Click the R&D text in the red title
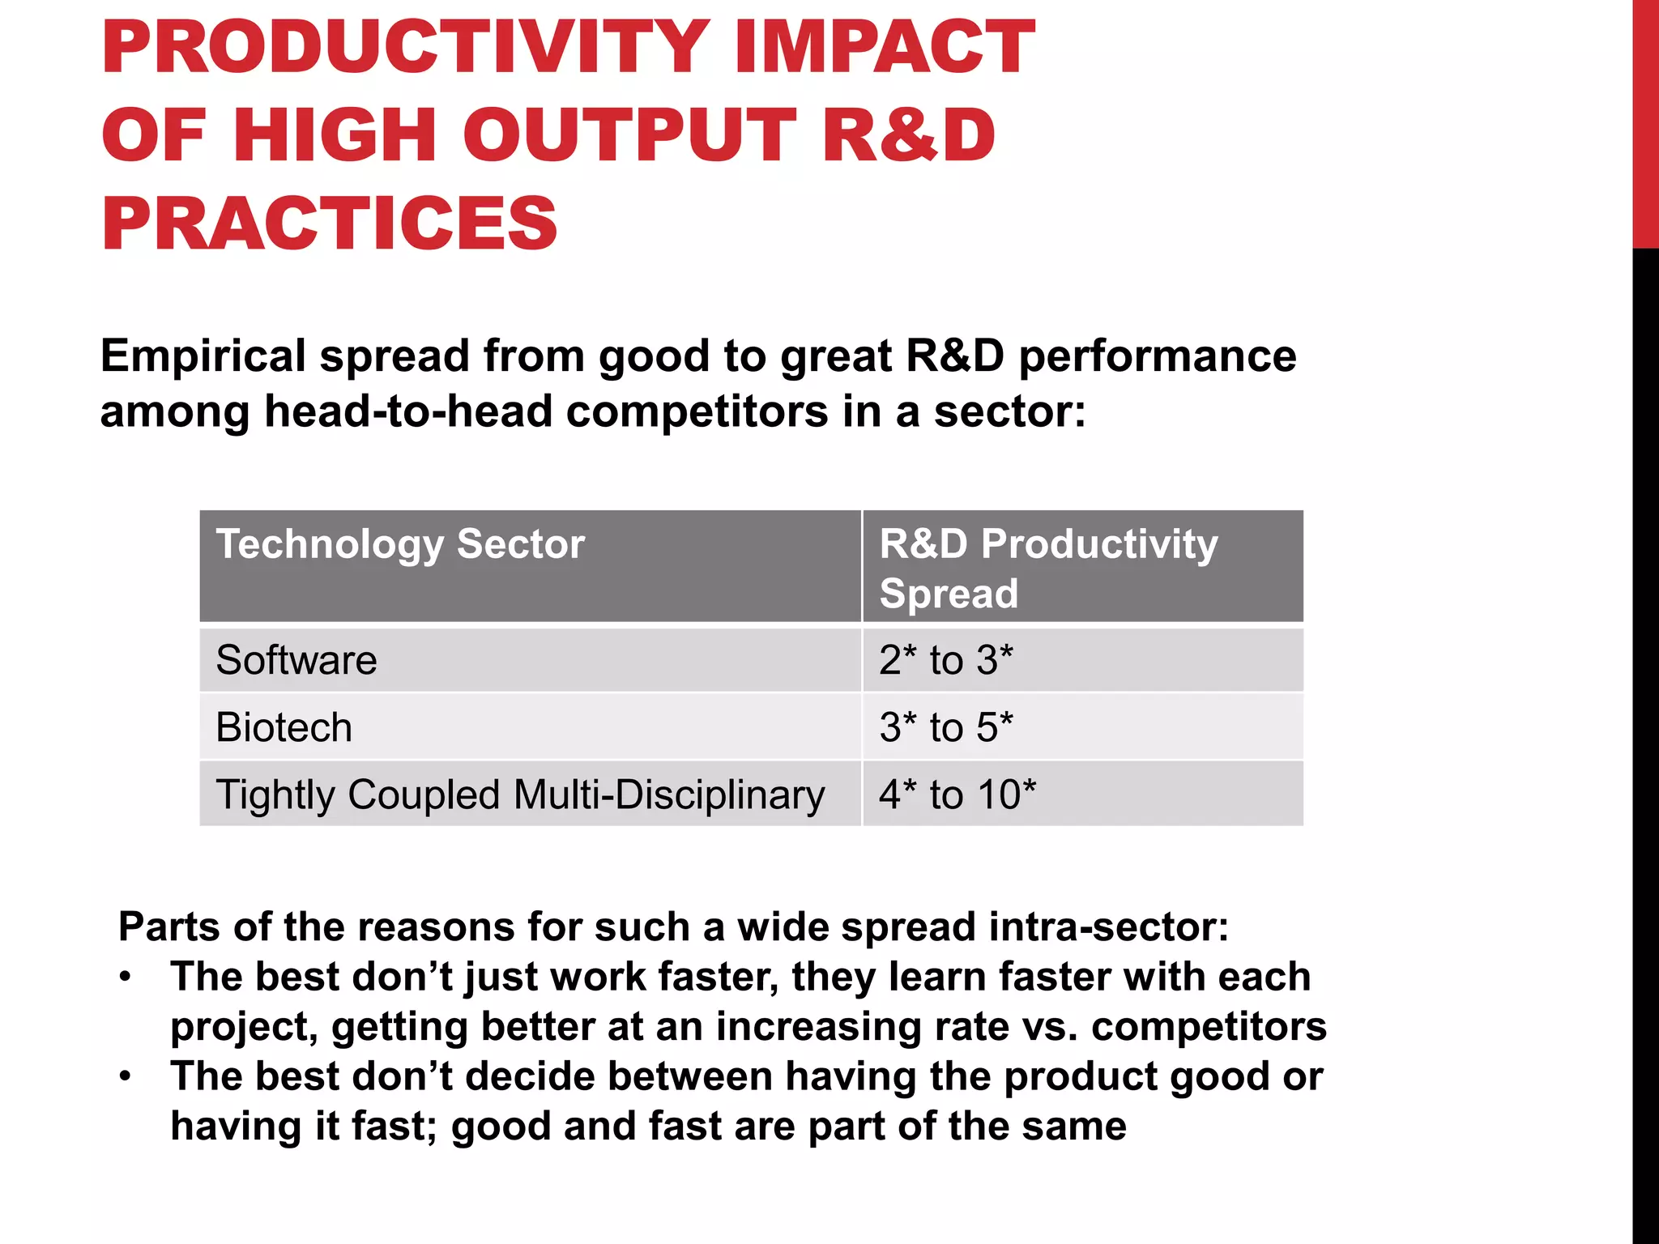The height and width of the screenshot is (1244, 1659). pyautogui.click(x=908, y=135)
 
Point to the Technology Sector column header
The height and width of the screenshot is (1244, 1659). pyautogui.click(x=400, y=544)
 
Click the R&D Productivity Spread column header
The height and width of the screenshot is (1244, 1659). pyautogui.click(x=1048, y=567)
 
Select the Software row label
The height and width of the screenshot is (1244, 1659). pyautogui.click(x=296, y=660)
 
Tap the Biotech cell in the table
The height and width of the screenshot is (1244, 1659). pyautogui.click(x=284, y=727)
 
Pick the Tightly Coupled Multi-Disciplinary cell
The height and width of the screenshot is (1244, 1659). pyautogui.click(x=520, y=795)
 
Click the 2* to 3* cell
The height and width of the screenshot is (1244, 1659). pyautogui.click(x=946, y=660)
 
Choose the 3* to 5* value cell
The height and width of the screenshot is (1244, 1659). pyautogui.click(x=946, y=727)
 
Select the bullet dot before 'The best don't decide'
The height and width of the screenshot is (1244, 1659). pyautogui.click(x=125, y=1077)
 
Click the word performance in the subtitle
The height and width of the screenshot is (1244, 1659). pyautogui.click(x=1158, y=356)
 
